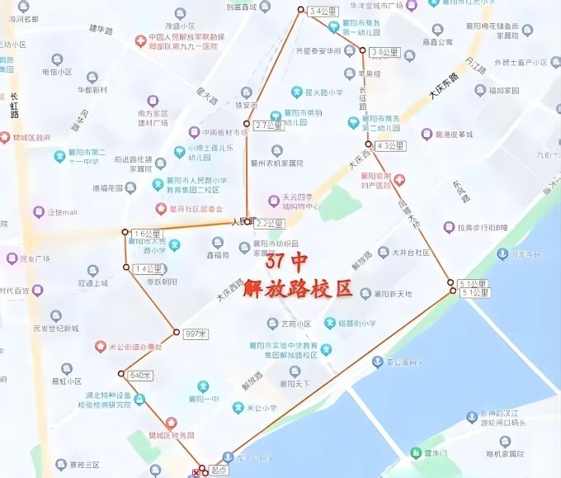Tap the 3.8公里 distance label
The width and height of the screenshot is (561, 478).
coord(381,52)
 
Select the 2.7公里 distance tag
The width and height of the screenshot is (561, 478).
coord(268,125)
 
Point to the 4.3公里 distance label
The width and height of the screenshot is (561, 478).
coord(389,146)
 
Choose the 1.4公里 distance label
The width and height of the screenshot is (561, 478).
coord(148,269)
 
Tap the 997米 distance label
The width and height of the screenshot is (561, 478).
coord(195,334)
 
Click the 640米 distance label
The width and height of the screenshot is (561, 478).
coord(141,376)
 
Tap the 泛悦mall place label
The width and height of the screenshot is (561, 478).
coord(62,212)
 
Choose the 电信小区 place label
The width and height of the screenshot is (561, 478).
coord(57,72)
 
